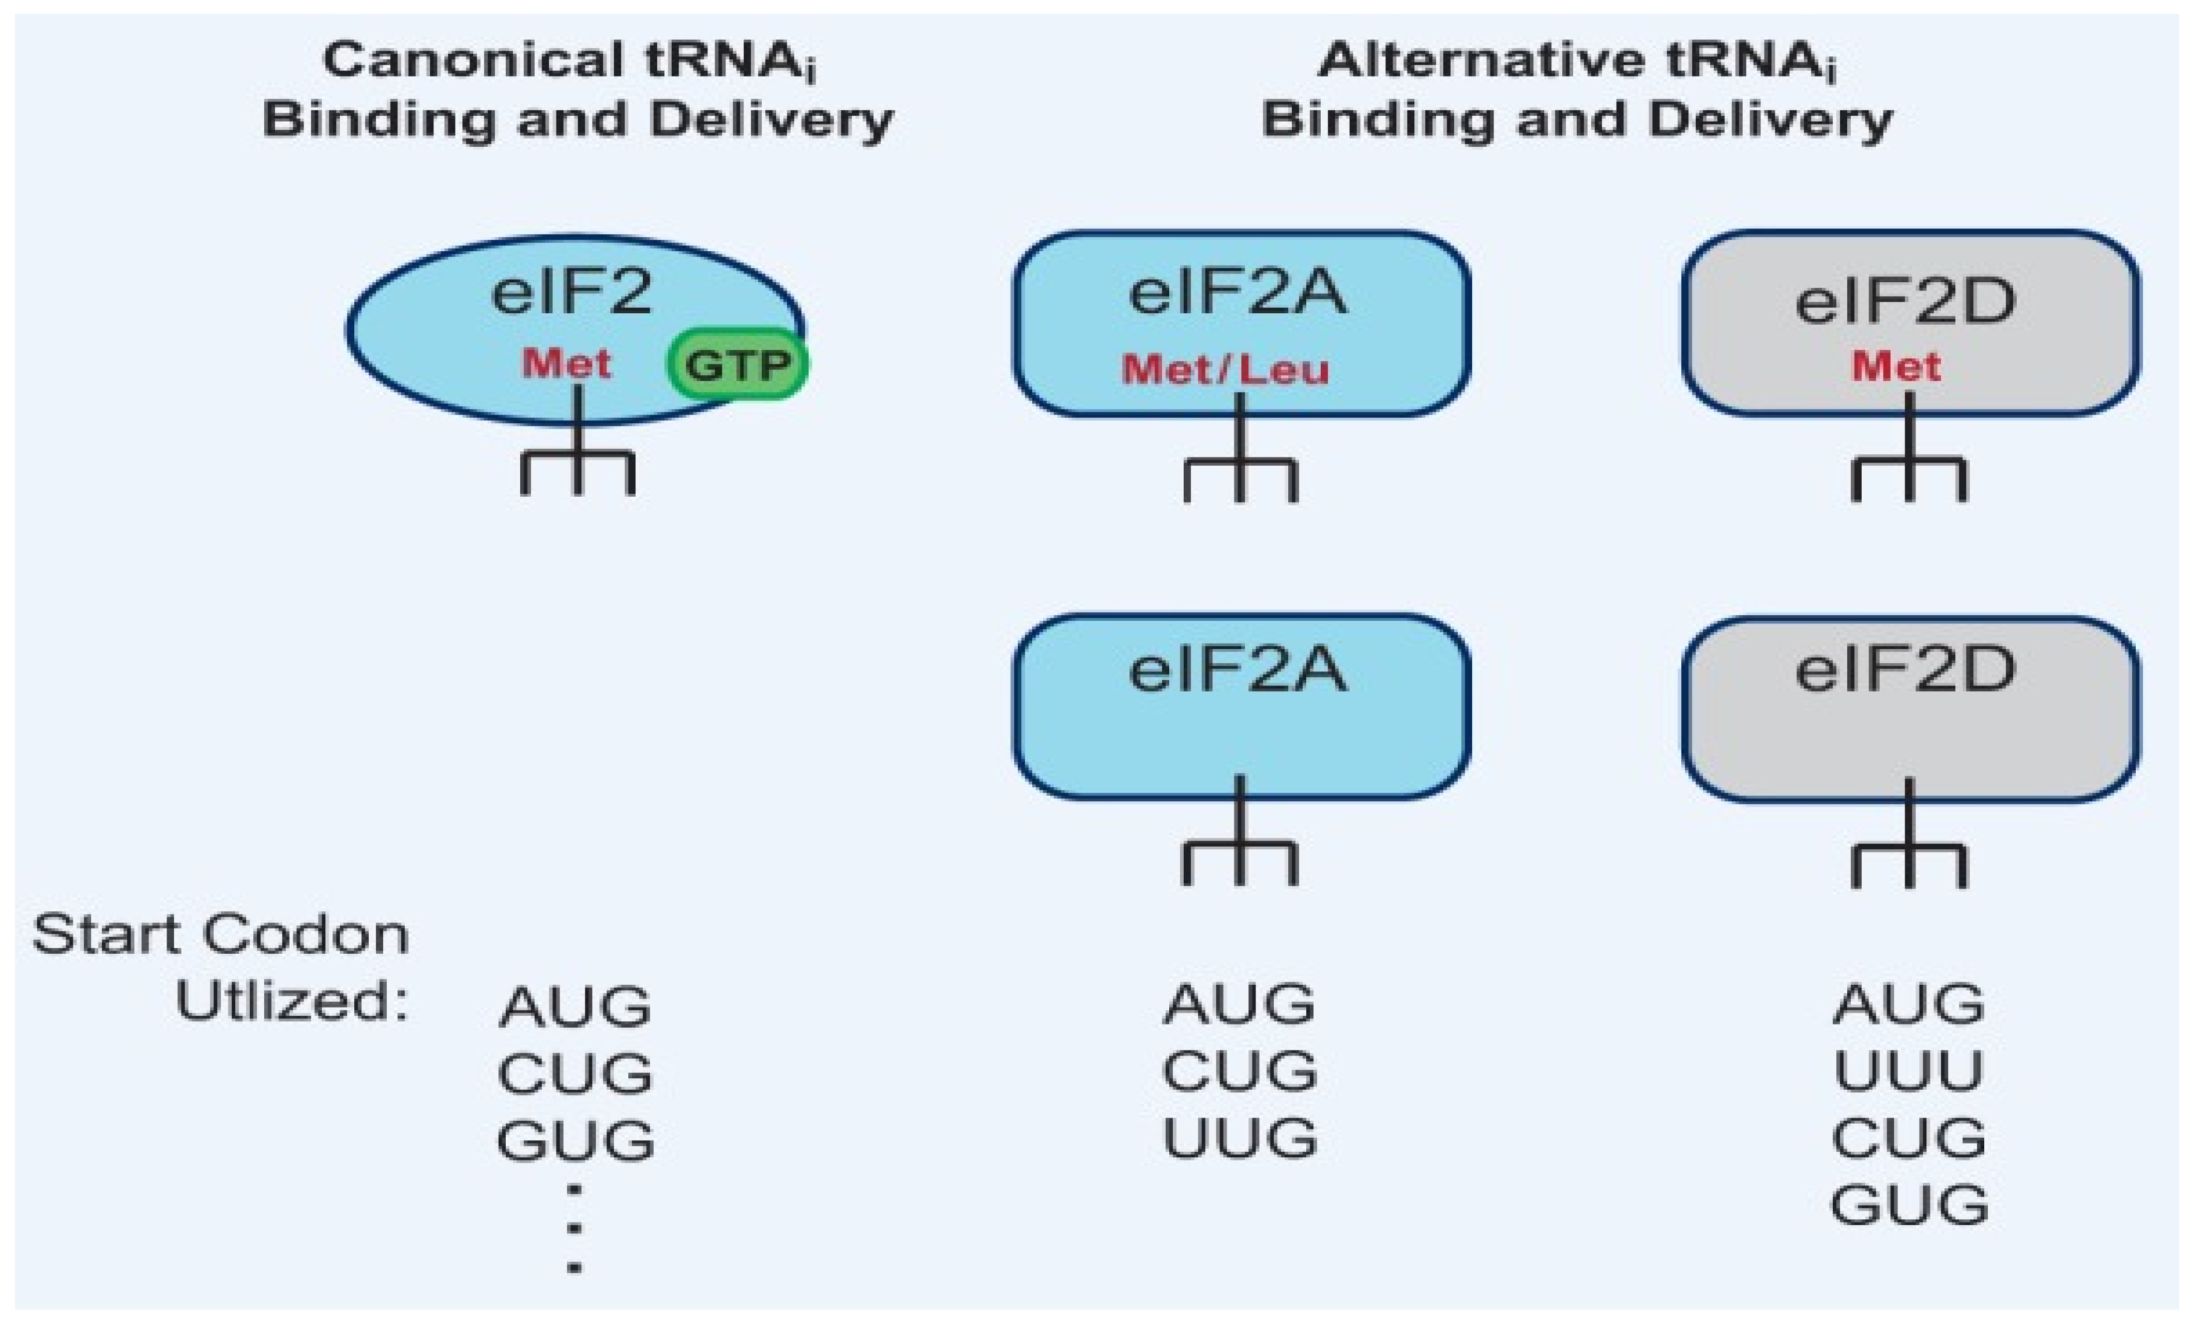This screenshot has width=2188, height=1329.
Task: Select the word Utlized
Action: pos(291,1001)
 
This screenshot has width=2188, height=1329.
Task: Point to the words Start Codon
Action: pos(220,935)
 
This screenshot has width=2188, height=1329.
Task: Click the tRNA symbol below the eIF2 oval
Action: pos(577,462)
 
